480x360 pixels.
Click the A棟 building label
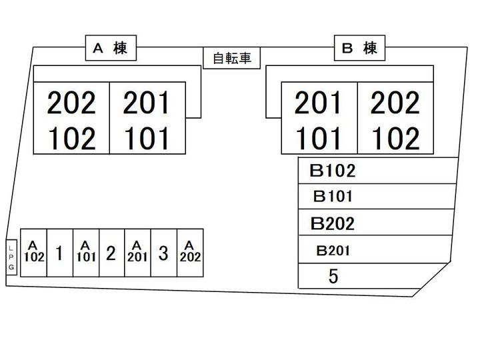110,48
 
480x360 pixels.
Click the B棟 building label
359,48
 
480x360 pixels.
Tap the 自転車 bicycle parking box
231,59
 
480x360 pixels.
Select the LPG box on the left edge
11,257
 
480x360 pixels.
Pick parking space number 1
60,253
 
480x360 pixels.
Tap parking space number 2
111,253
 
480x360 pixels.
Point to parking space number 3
163,253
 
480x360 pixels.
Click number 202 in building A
71,104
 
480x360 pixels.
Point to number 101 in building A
147,139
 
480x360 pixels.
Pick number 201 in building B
319,104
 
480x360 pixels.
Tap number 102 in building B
395,139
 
